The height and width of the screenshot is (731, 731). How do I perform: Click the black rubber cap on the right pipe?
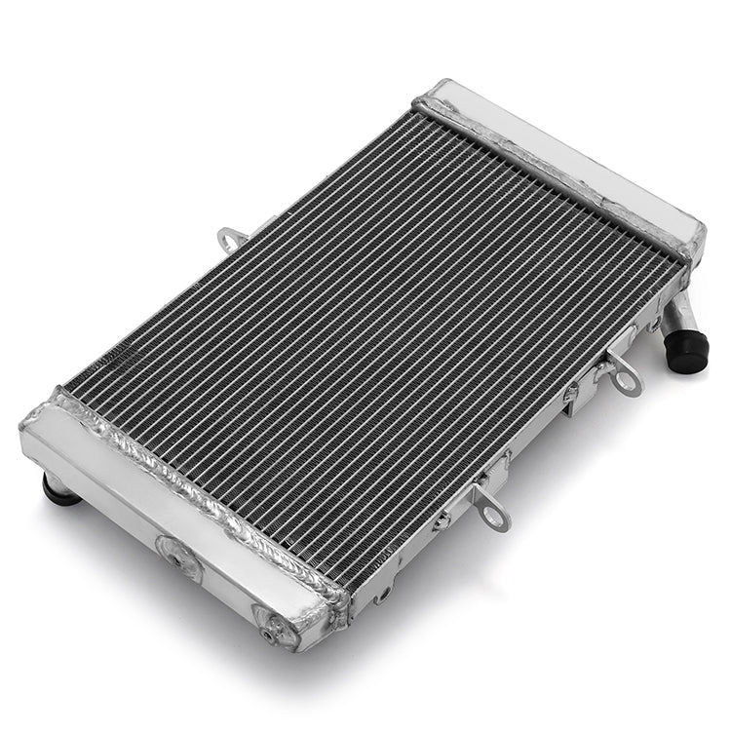point(687,351)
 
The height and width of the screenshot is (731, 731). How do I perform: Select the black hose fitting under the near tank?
point(59,489)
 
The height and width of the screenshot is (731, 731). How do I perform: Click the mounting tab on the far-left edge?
point(232,237)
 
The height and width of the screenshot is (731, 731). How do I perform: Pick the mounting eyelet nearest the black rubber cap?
point(625,378)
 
